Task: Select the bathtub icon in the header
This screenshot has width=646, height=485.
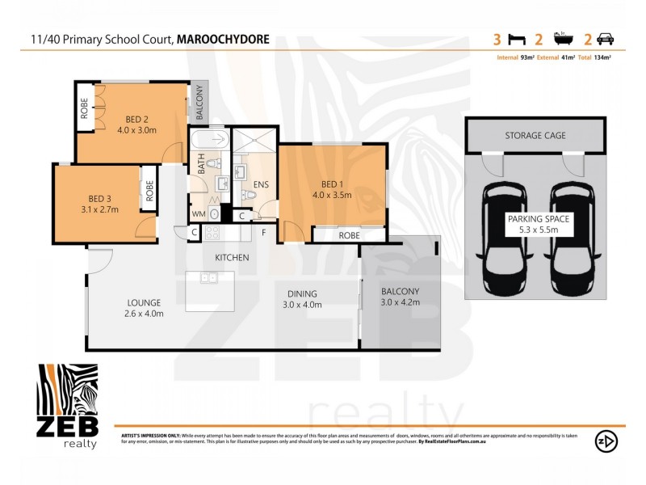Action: (x=563, y=38)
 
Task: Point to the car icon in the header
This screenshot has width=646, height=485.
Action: (x=606, y=38)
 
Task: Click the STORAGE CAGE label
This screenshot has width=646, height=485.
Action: (x=535, y=135)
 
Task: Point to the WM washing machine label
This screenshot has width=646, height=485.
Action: (x=198, y=213)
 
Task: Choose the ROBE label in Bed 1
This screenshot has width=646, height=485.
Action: (x=349, y=235)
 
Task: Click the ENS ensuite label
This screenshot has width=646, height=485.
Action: (x=260, y=185)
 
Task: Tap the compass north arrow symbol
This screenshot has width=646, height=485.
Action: (x=606, y=441)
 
